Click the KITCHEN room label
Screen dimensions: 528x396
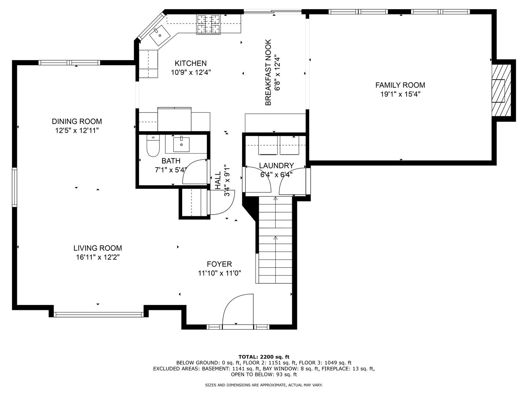(x=191, y=63)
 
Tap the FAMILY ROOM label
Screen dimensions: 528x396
(x=400, y=85)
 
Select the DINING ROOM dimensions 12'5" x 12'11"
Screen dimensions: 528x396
(x=77, y=131)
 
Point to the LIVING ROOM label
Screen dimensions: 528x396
(x=98, y=248)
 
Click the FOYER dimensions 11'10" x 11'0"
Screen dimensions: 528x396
(x=219, y=273)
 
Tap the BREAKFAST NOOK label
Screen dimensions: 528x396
(x=268, y=72)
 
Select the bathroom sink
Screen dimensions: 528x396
(x=181, y=144)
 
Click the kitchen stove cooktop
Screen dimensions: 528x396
(x=208, y=24)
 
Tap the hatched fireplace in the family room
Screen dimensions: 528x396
(x=501, y=91)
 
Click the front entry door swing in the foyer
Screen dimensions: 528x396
(x=238, y=309)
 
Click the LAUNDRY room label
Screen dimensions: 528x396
(x=276, y=166)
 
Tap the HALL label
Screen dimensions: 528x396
(x=218, y=180)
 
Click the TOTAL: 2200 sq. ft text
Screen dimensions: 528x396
(x=264, y=357)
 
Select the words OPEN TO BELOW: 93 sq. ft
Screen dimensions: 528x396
(x=264, y=374)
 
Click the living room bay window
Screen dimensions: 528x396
(x=98, y=315)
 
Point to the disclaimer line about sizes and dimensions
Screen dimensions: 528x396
(x=264, y=385)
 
